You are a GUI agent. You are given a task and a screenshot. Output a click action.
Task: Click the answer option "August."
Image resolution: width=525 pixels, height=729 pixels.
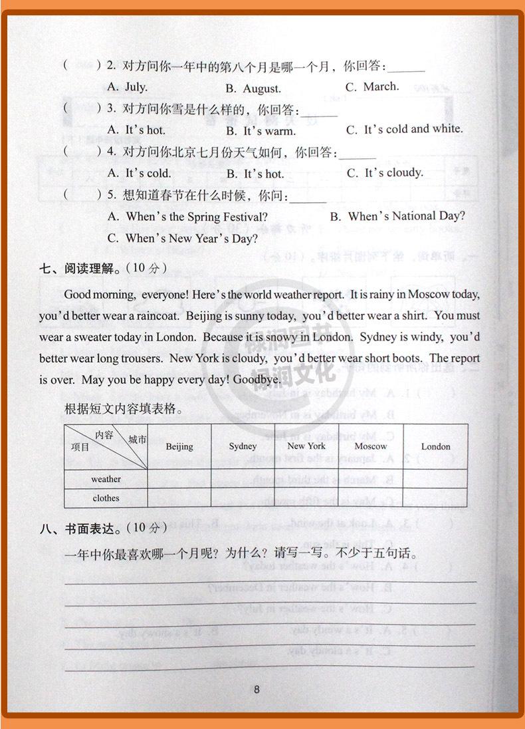(x=253, y=88)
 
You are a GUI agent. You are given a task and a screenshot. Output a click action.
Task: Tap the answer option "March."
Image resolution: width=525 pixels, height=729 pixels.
(x=372, y=86)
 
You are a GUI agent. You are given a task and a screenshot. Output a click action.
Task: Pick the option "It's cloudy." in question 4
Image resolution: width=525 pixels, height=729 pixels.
(x=385, y=173)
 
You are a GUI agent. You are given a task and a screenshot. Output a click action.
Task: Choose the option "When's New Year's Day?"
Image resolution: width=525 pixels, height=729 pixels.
(x=182, y=238)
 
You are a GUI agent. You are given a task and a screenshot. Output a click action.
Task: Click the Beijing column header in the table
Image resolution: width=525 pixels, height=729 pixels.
(x=179, y=446)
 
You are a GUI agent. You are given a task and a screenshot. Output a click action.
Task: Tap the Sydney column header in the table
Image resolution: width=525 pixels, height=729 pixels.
(x=243, y=446)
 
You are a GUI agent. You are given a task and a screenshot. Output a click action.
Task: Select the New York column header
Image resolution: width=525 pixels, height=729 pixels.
(x=306, y=446)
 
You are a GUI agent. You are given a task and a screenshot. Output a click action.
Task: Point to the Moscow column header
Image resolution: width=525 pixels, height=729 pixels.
(x=370, y=446)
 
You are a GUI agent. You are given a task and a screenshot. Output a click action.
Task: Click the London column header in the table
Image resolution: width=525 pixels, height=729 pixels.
(x=435, y=446)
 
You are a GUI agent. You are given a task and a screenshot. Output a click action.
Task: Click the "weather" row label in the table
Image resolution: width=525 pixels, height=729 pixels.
(x=106, y=479)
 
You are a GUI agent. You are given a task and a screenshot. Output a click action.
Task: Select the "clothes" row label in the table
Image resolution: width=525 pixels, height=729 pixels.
(x=106, y=498)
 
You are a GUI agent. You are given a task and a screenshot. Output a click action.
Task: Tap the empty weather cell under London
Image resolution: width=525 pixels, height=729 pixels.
(x=435, y=479)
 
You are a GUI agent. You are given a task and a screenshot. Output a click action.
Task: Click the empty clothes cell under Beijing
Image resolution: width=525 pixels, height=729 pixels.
(x=179, y=498)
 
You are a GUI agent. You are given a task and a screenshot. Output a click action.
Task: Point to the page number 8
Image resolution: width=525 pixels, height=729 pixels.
(x=257, y=689)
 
